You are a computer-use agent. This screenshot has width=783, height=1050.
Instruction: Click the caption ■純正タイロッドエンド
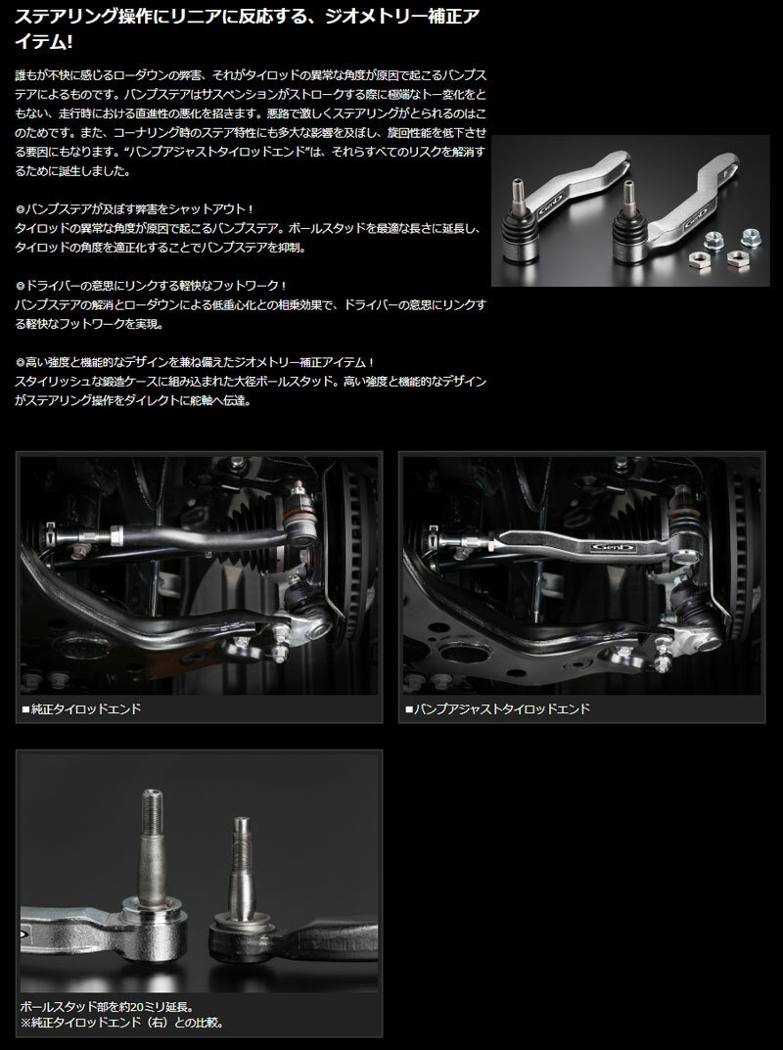(x=81, y=708)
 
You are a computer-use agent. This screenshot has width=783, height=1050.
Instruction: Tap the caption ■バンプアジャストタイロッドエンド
(x=497, y=708)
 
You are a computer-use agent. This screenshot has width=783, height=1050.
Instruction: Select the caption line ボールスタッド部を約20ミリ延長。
(x=107, y=1007)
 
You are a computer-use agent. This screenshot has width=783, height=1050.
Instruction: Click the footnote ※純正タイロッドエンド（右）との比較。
(x=121, y=1023)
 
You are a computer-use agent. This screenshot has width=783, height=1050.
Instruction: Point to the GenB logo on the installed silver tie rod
(x=613, y=547)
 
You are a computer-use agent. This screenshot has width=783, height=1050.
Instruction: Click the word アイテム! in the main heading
(x=44, y=41)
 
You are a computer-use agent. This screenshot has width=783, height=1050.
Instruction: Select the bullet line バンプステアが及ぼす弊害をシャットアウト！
(x=134, y=209)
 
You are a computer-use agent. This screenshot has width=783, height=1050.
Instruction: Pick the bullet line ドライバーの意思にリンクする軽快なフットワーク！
(x=151, y=286)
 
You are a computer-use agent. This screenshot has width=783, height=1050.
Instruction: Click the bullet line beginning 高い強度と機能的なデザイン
(x=194, y=362)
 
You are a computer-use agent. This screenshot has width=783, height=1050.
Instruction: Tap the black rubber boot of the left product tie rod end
(x=520, y=231)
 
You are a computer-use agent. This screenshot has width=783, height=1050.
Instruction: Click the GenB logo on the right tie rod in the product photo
(x=694, y=223)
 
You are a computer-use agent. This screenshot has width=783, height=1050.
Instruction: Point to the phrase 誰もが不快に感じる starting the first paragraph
(x=66, y=75)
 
